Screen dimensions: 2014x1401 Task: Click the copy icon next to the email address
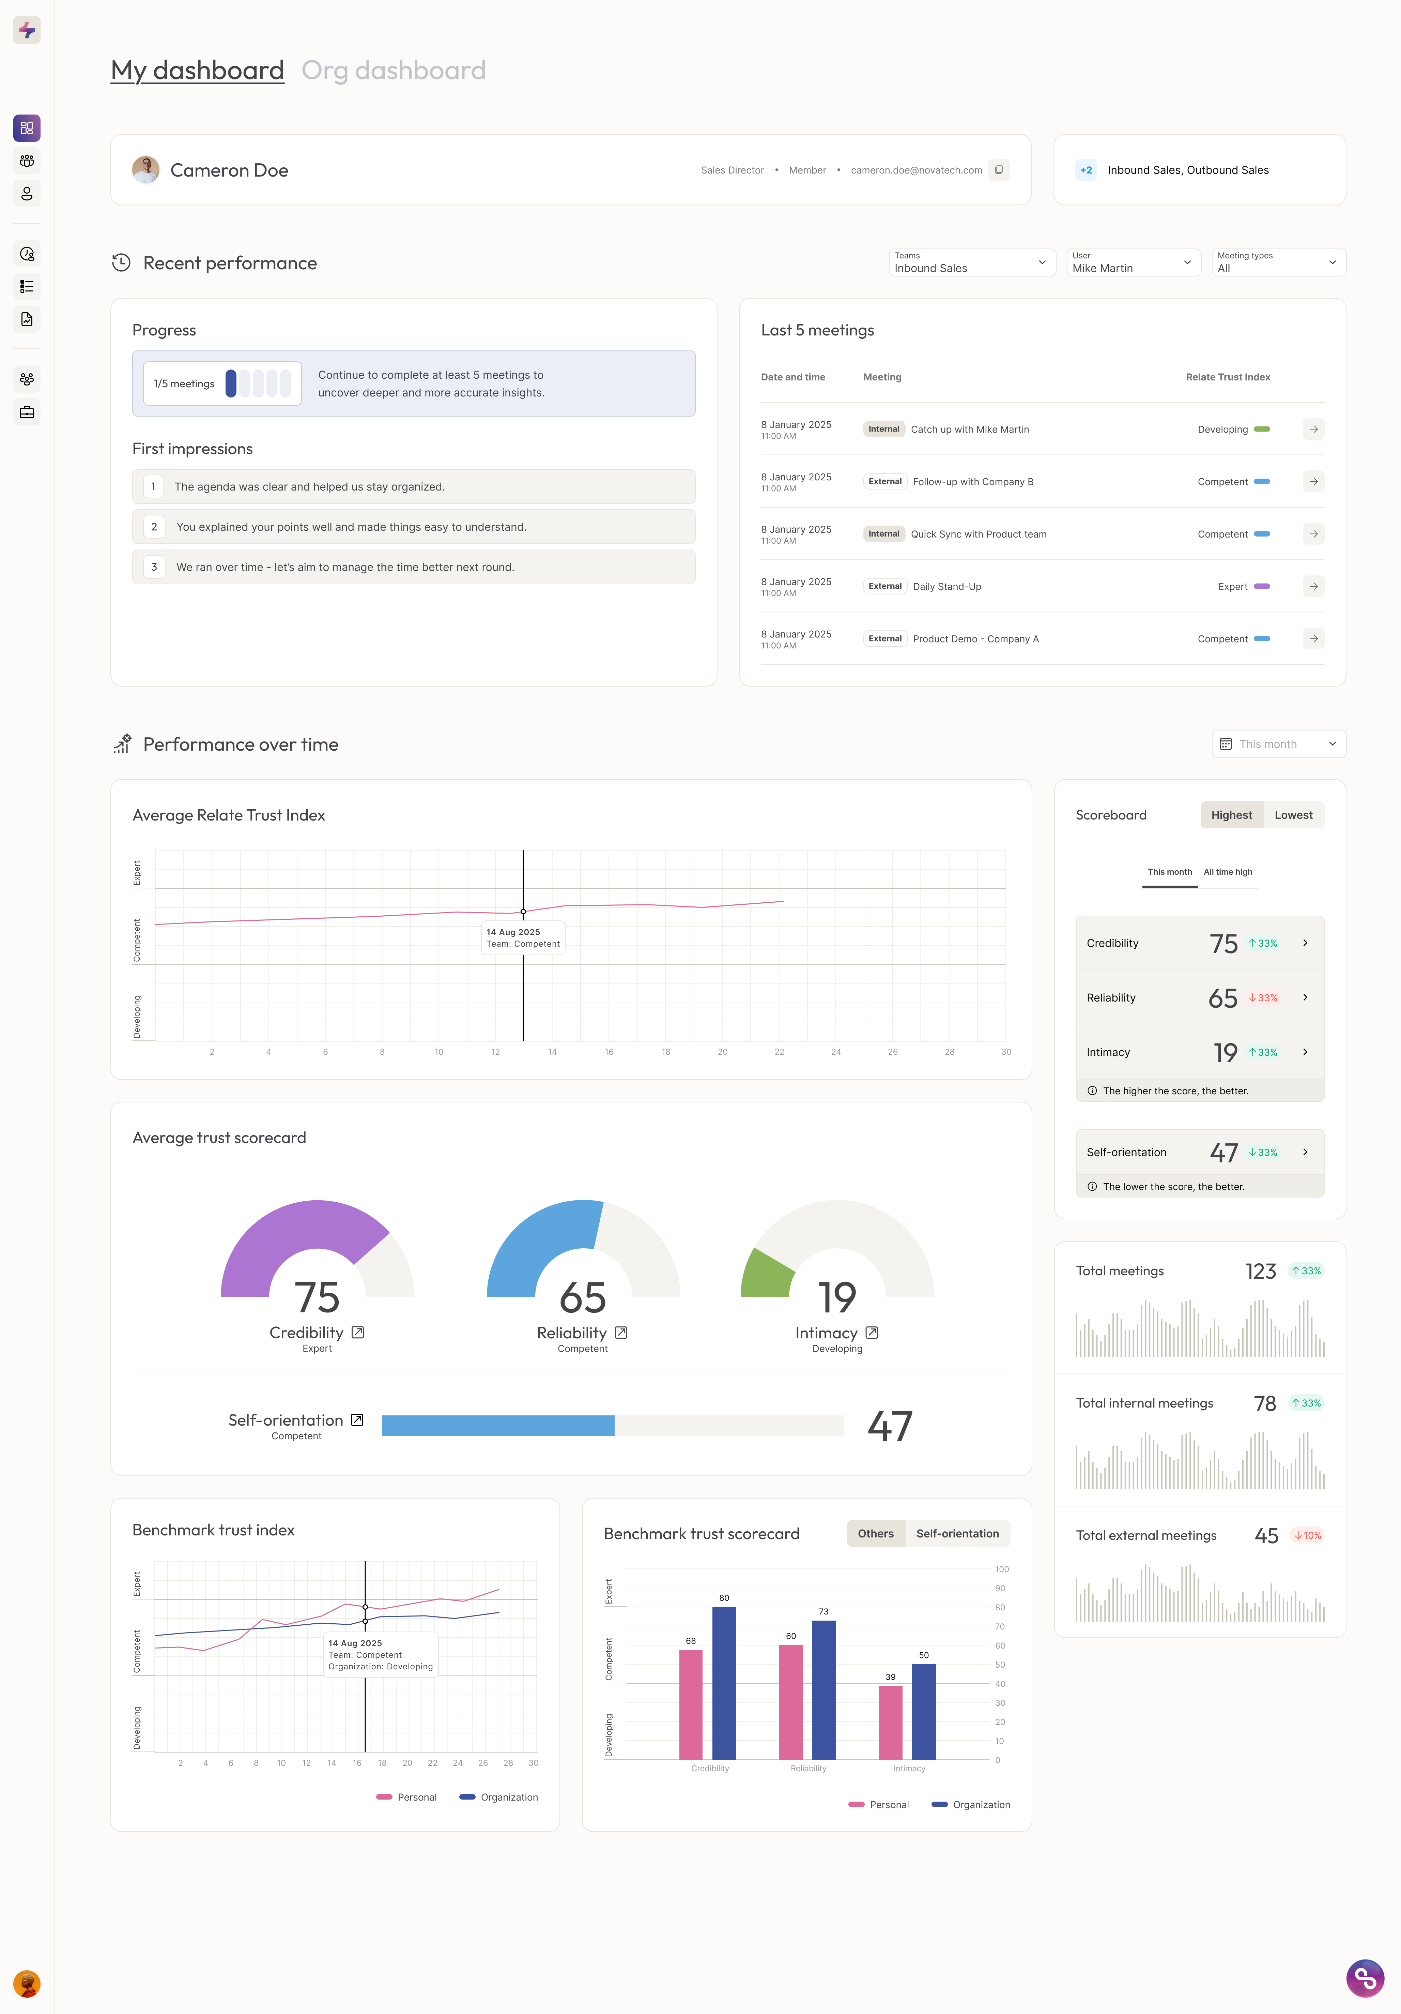(x=999, y=170)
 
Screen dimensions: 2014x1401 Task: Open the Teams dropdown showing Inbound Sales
(x=971, y=262)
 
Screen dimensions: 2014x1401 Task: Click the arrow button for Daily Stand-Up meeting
(x=1312, y=586)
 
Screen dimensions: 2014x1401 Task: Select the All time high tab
(x=1228, y=872)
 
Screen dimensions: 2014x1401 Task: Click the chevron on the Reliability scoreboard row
(x=1305, y=997)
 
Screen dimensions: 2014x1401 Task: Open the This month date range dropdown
(x=1278, y=744)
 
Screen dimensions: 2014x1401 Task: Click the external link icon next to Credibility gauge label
(x=358, y=1333)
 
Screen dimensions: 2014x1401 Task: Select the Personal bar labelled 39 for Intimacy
(x=890, y=1722)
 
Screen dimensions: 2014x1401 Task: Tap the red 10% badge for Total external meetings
(x=1306, y=1535)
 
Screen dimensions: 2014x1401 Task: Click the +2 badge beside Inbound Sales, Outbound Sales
(x=1086, y=170)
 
